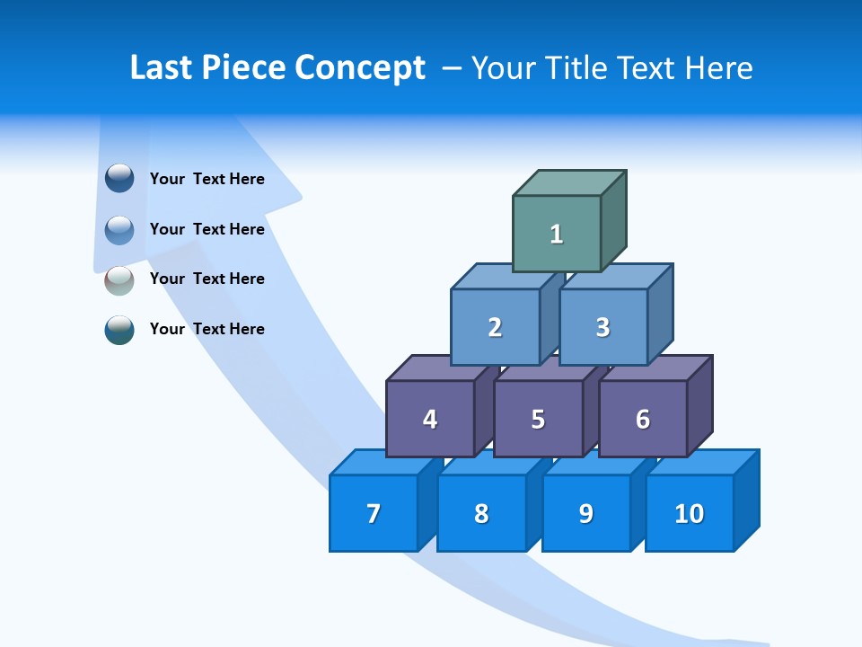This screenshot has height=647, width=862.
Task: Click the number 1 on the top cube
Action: coord(557,235)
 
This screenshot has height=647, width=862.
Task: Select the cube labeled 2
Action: coord(495,327)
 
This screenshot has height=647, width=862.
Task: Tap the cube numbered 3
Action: coord(603,327)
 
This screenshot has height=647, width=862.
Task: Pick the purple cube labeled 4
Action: coord(430,419)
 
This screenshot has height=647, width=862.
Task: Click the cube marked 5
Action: coord(538,419)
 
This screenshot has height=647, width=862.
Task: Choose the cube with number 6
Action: coord(643,419)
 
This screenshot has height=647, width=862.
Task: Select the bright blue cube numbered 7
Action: coord(374,514)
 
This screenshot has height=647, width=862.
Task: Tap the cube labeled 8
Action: coord(481,514)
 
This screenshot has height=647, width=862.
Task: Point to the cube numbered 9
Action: coord(585,514)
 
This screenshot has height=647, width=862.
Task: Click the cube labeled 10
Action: coord(690,514)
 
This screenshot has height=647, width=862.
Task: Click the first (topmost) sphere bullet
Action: coord(119,178)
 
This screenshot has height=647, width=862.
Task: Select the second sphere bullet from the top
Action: coord(119,229)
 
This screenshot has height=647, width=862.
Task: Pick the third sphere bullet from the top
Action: coord(119,279)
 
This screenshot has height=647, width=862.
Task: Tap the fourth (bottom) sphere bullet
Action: coord(119,330)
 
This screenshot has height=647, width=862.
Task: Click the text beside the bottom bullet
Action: coord(207,329)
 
